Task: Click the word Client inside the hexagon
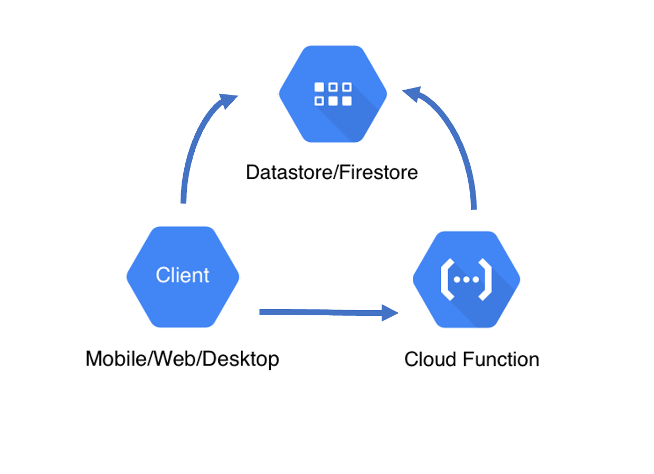(183, 275)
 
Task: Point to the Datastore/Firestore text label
(331, 172)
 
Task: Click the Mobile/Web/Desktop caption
(182, 359)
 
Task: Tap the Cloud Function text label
(471, 360)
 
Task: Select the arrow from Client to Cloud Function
(322, 313)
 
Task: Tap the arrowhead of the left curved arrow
(228, 100)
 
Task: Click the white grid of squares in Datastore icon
(333, 94)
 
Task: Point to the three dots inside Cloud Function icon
(466, 280)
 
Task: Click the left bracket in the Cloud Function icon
(447, 280)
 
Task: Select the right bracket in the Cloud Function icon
(486, 280)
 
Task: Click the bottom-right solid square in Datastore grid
(346, 101)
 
